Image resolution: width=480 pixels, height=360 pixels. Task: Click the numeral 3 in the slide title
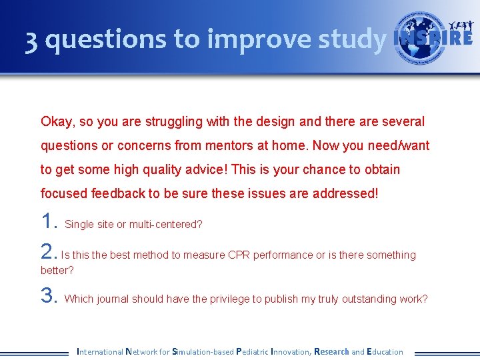pyautogui.click(x=31, y=41)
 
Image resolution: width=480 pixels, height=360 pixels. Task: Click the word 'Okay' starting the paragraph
pyautogui.click(x=57, y=122)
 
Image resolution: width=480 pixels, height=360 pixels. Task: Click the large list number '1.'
pyautogui.click(x=50, y=221)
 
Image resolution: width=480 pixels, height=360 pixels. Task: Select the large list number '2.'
pyautogui.click(x=49, y=251)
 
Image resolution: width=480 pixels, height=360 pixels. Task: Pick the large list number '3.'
pyautogui.click(x=50, y=295)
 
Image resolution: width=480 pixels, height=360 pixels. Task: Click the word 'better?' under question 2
pyautogui.click(x=57, y=271)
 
